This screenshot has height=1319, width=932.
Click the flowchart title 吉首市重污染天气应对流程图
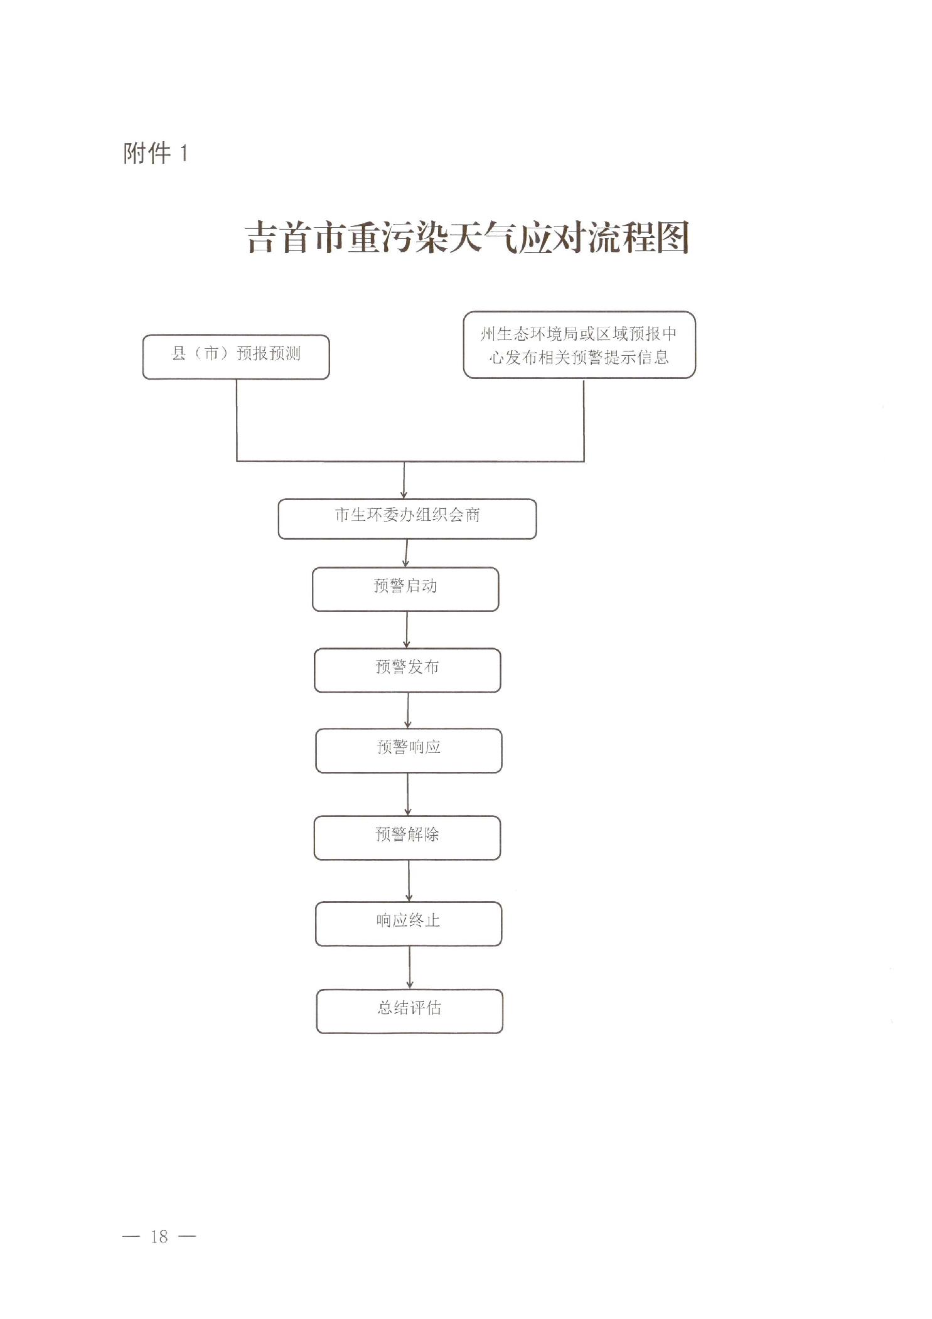[x=467, y=237]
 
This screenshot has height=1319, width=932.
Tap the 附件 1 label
[x=155, y=152]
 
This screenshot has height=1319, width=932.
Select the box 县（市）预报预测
[x=236, y=357]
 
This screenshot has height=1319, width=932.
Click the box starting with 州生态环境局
[x=579, y=345]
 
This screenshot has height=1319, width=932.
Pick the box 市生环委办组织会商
[x=407, y=519]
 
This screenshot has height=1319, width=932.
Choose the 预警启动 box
[x=405, y=589]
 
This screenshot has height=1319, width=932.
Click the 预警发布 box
[x=407, y=670]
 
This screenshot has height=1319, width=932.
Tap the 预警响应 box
[x=409, y=750]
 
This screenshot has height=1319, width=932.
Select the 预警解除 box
[x=407, y=838]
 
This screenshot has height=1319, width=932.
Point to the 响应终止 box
[x=409, y=924]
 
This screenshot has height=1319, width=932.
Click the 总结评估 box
[x=409, y=1011]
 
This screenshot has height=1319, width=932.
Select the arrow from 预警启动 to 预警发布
[x=407, y=630]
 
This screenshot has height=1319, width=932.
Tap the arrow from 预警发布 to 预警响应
[x=408, y=711]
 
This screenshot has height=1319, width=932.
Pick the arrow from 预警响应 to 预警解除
[x=408, y=794]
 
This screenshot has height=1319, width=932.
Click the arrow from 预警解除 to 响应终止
[x=409, y=881]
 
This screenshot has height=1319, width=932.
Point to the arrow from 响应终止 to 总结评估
[x=410, y=968]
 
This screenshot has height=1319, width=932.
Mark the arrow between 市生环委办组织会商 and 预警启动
[x=406, y=553]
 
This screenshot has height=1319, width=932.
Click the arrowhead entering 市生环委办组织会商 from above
[x=404, y=495]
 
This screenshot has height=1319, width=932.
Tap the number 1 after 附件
[x=183, y=153]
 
